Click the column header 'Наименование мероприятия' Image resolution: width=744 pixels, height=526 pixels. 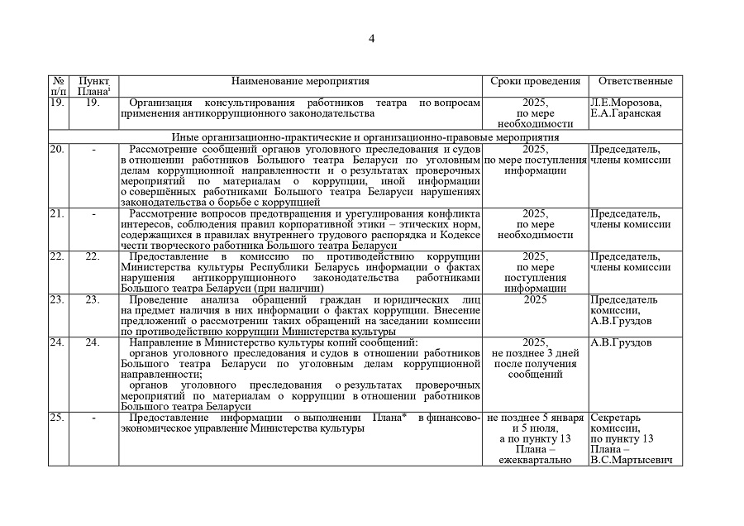pos(300,81)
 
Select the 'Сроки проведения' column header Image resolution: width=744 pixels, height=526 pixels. pos(535,81)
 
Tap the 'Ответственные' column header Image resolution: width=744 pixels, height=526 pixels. pos(635,81)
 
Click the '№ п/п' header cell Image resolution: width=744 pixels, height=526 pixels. pos(58,86)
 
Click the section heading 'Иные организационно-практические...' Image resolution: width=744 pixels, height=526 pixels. pos(365,136)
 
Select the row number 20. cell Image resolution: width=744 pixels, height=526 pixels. pos(57,149)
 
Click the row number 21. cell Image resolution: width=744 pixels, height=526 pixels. pos(57,213)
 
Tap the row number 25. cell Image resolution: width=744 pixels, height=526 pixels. pos(57,418)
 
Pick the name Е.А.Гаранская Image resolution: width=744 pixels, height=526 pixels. pos(625,113)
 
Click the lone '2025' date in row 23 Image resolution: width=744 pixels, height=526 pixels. pos(535,299)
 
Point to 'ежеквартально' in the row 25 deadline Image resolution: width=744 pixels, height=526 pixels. pos(535,459)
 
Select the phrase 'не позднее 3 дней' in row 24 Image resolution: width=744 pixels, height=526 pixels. pos(535,353)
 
